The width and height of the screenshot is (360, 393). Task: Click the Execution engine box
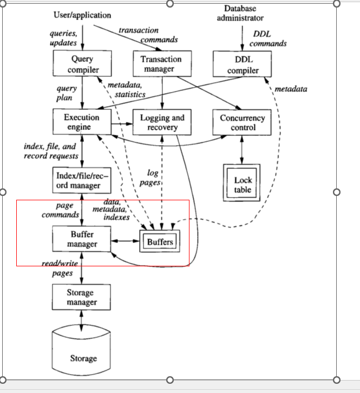click(82, 122)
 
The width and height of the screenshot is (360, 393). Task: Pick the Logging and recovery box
click(162, 122)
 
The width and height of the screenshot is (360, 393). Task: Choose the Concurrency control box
click(243, 122)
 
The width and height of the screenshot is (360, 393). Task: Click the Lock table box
click(242, 184)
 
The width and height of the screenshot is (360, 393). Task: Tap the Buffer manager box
click(82, 239)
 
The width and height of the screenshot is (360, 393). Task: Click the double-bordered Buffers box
click(160, 241)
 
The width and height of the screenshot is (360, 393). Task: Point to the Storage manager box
click(81, 297)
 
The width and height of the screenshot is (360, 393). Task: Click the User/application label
click(82, 15)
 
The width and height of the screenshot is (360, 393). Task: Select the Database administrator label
click(240, 13)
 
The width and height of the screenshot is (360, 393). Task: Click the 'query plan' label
click(67, 93)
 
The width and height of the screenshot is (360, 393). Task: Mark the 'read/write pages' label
click(61, 268)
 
